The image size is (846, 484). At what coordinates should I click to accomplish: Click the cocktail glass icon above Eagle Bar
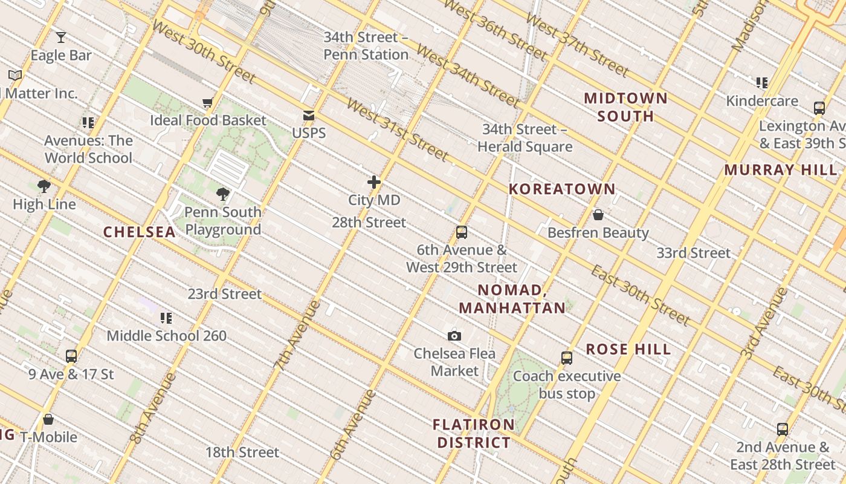[x=61, y=38]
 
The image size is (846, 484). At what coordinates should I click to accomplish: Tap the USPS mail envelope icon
[x=309, y=116]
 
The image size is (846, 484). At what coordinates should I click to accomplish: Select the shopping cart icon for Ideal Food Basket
[x=208, y=103]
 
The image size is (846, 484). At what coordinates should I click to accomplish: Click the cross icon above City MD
[x=374, y=181]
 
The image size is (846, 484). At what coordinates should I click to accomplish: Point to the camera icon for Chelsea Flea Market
[x=454, y=336]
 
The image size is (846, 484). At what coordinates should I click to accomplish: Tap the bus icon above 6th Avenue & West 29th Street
[x=462, y=232]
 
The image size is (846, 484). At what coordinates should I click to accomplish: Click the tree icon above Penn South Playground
[x=223, y=194]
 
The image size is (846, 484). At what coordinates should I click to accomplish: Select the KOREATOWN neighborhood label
[x=562, y=189]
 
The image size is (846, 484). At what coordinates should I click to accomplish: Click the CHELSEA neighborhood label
[x=140, y=232]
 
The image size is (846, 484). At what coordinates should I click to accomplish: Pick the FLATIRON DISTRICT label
[x=474, y=434]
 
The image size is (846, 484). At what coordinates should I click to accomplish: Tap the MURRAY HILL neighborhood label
[x=781, y=170]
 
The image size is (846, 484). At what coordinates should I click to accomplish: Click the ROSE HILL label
[x=628, y=349]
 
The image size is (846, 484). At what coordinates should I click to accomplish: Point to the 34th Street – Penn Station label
[x=366, y=45]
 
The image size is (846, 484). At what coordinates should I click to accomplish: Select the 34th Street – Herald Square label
[x=525, y=138]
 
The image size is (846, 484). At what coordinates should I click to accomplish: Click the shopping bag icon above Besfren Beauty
[x=598, y=215]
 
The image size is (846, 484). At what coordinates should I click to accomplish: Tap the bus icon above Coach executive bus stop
[x=566, y=358]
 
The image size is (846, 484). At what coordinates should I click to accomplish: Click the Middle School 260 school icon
[x=167, y=318]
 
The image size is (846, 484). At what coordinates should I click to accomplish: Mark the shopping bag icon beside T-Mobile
[x=48, y=419]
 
